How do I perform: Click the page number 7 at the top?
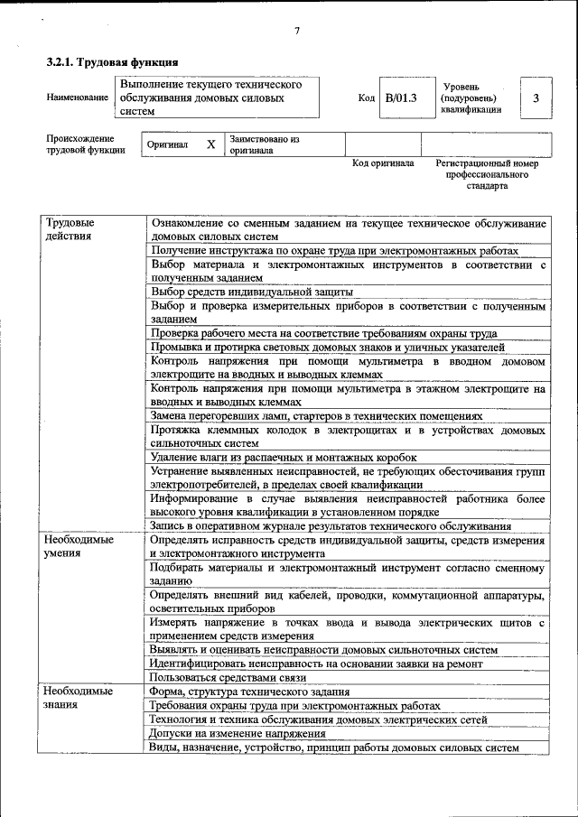coord(296,33)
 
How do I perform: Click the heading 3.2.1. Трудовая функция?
coord(111,63)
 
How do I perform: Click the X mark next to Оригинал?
coord(210,144)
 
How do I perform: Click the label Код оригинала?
coord(383,163)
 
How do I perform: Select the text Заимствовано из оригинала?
coord(264,144)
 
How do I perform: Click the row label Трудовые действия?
coord(72,228)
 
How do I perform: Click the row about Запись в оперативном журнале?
coord(331,526)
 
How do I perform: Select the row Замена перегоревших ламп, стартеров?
coord(316,416)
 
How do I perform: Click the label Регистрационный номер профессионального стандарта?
coord(487,174)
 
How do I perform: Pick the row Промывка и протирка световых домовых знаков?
coord(328,348)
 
